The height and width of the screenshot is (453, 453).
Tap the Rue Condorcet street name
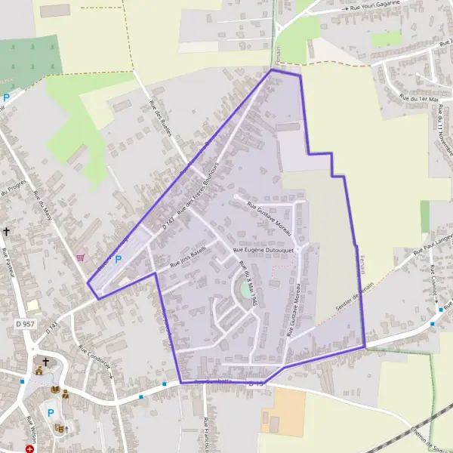94,358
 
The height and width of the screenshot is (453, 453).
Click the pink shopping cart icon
80,257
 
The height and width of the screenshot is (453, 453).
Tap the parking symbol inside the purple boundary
118,259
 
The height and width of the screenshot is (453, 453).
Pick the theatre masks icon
60,428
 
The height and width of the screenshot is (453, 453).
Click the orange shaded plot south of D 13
283,411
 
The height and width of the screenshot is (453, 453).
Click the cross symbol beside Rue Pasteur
7,232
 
